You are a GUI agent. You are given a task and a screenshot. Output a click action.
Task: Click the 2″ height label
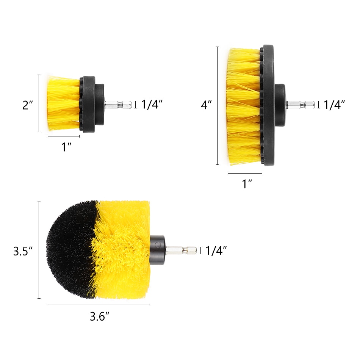click(28, 105)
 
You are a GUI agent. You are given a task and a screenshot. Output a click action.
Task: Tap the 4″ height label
click(206, 105)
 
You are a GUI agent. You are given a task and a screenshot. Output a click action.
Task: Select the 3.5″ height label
click(23, 251)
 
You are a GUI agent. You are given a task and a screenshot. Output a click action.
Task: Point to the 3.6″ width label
click(99, 316)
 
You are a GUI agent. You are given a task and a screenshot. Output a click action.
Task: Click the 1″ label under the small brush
click(66, 147)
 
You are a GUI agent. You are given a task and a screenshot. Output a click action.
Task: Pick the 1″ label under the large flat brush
click(247, 184)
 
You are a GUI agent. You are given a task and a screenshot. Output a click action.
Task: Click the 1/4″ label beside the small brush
click(152, 105)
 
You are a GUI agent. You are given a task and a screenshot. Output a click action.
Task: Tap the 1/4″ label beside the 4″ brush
click(334, 105)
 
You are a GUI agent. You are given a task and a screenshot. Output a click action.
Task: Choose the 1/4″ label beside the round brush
click(216, 250)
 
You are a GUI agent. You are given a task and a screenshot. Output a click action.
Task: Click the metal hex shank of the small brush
click(118, 105)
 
